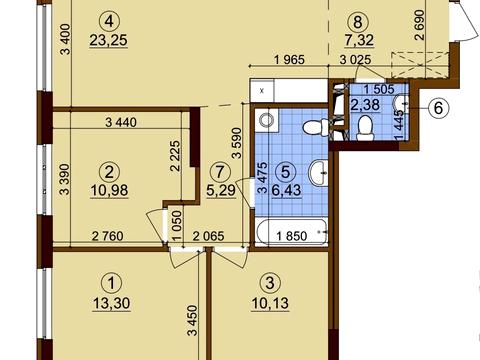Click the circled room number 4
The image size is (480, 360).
coord(109,22)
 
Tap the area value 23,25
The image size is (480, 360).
coord(109,40)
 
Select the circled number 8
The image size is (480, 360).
coord(357,22)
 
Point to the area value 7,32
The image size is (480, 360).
coord(359,40)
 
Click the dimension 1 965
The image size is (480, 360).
coord(289,60)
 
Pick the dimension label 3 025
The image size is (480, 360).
coord(355,60)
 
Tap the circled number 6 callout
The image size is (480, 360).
coord(438,108)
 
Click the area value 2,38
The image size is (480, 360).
coord(365,105)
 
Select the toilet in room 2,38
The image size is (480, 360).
coord(364,128)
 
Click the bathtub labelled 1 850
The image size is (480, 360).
coord(292,232)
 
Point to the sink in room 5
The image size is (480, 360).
coord(318,173)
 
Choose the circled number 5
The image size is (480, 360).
coord(286,172)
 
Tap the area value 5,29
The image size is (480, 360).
coord(221,190)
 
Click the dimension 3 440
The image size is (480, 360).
coord(121,122)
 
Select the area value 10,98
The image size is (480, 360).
coord(109,190)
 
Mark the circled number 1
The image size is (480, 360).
coord(111,283)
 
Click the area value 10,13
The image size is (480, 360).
coord(270,304)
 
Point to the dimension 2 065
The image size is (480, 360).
coord(209,236)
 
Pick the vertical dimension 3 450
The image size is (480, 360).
coord(193,320)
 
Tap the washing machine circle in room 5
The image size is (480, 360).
coord(266,120)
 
